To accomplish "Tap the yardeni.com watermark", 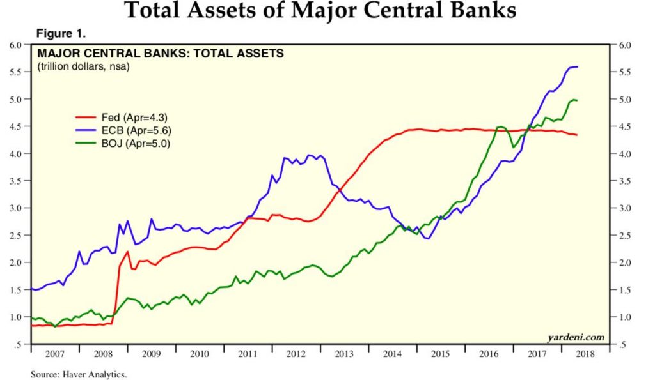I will tap(576, 337).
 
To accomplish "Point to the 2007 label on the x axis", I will tap(54, 353).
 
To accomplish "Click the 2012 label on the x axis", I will tap(296, 353).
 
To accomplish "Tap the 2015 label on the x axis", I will tap(440, 353).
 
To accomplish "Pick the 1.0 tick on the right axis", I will tap(624, 317).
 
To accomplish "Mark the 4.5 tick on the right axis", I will tap(624, 127).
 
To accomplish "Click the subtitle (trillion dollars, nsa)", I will tap(84, 66).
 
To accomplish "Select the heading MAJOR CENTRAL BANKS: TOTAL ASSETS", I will tap(161, 54).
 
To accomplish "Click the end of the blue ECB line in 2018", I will tap(578, 66).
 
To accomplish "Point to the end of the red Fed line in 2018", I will tap(578, 135).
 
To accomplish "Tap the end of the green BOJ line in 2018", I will tap(578, 101).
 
